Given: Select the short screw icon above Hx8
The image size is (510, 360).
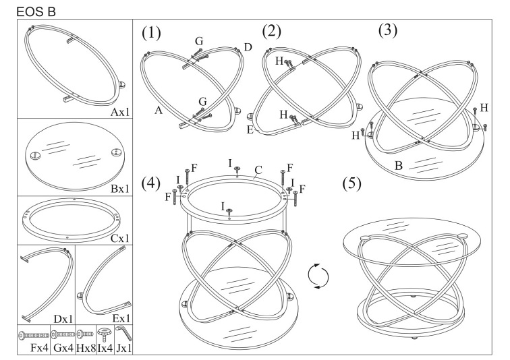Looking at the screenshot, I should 85,333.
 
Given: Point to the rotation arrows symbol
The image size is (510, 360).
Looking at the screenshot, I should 317,276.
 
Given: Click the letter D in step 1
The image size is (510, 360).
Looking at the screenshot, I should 248,47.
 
